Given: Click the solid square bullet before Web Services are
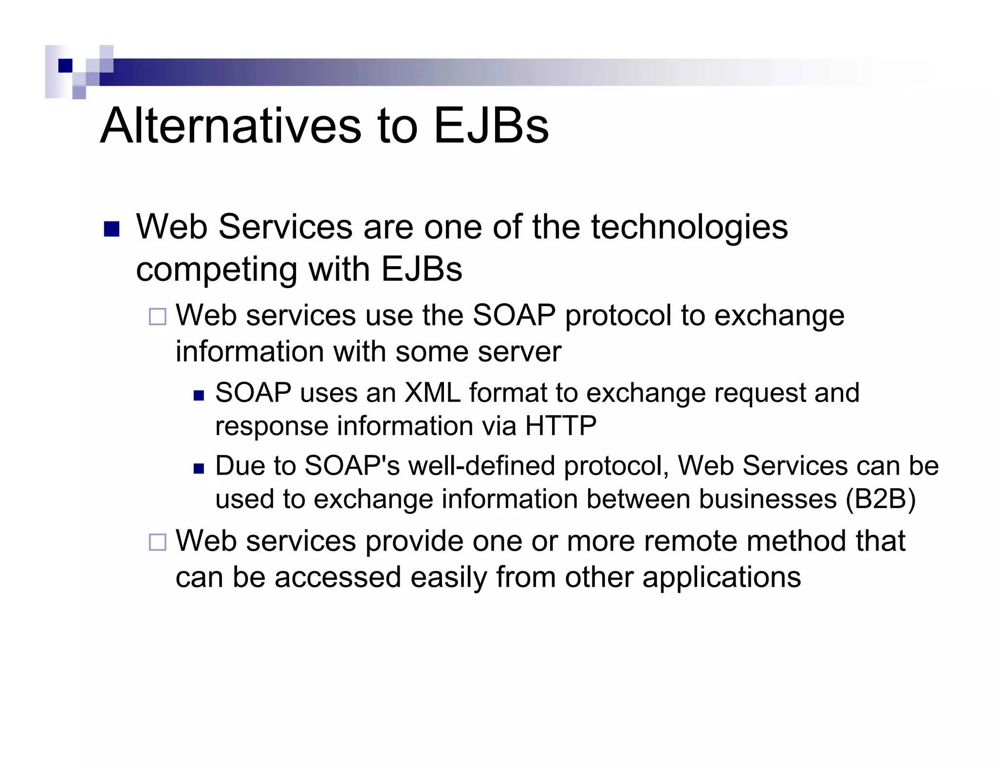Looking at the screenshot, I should (112, 229).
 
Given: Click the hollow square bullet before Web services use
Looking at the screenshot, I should (157, 316).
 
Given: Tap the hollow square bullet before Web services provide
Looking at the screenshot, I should (157, 542).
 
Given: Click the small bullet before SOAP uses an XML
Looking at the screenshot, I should (198, 395).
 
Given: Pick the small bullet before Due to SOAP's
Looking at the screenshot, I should (198, 468).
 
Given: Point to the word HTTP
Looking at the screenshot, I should (560, 426).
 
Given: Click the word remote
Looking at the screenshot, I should (690, 541).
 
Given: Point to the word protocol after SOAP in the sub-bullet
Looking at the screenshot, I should (618, 316).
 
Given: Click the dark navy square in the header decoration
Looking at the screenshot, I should (65, 65).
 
